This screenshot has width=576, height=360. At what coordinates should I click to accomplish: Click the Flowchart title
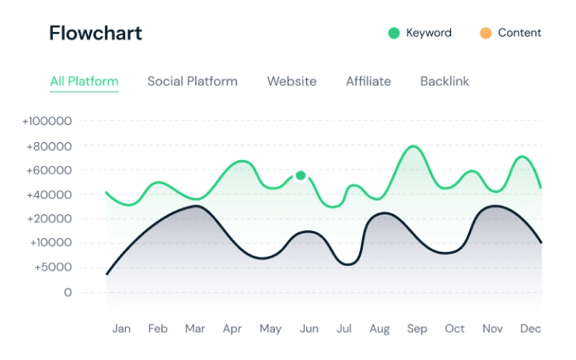coord(96,33)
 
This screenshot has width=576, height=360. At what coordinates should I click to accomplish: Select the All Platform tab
coord(84,81)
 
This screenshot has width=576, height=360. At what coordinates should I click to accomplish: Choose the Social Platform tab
coord(192,81)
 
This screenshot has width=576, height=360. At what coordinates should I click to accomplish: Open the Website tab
coord(291,81)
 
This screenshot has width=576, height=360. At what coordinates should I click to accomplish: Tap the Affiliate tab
coord(368,81)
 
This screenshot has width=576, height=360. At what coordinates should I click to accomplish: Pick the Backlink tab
coord(445,81)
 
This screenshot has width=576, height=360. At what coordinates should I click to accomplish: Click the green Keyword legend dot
coord(394,33)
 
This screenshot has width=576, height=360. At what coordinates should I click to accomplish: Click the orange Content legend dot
coord(486,33)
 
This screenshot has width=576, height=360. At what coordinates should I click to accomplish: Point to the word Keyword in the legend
coord(428,33)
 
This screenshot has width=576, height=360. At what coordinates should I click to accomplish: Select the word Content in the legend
coord(519,33)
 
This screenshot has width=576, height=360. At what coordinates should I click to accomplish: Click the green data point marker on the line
coord(301,175)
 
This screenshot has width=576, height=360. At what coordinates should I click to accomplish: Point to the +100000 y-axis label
coord(47,121)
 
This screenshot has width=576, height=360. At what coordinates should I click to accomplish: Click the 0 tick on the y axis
coord(68,292)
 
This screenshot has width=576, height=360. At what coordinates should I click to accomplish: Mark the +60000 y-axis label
coord(49,170)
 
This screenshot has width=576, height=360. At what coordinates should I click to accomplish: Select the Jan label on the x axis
coord(121,329)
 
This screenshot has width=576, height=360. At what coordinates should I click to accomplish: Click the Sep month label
coord(417,329)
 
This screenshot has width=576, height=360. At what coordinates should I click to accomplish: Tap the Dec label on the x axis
coord(530,329)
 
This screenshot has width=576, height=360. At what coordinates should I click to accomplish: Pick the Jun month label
coord(309,329)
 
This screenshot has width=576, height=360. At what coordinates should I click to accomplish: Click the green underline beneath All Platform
coord(84,92)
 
